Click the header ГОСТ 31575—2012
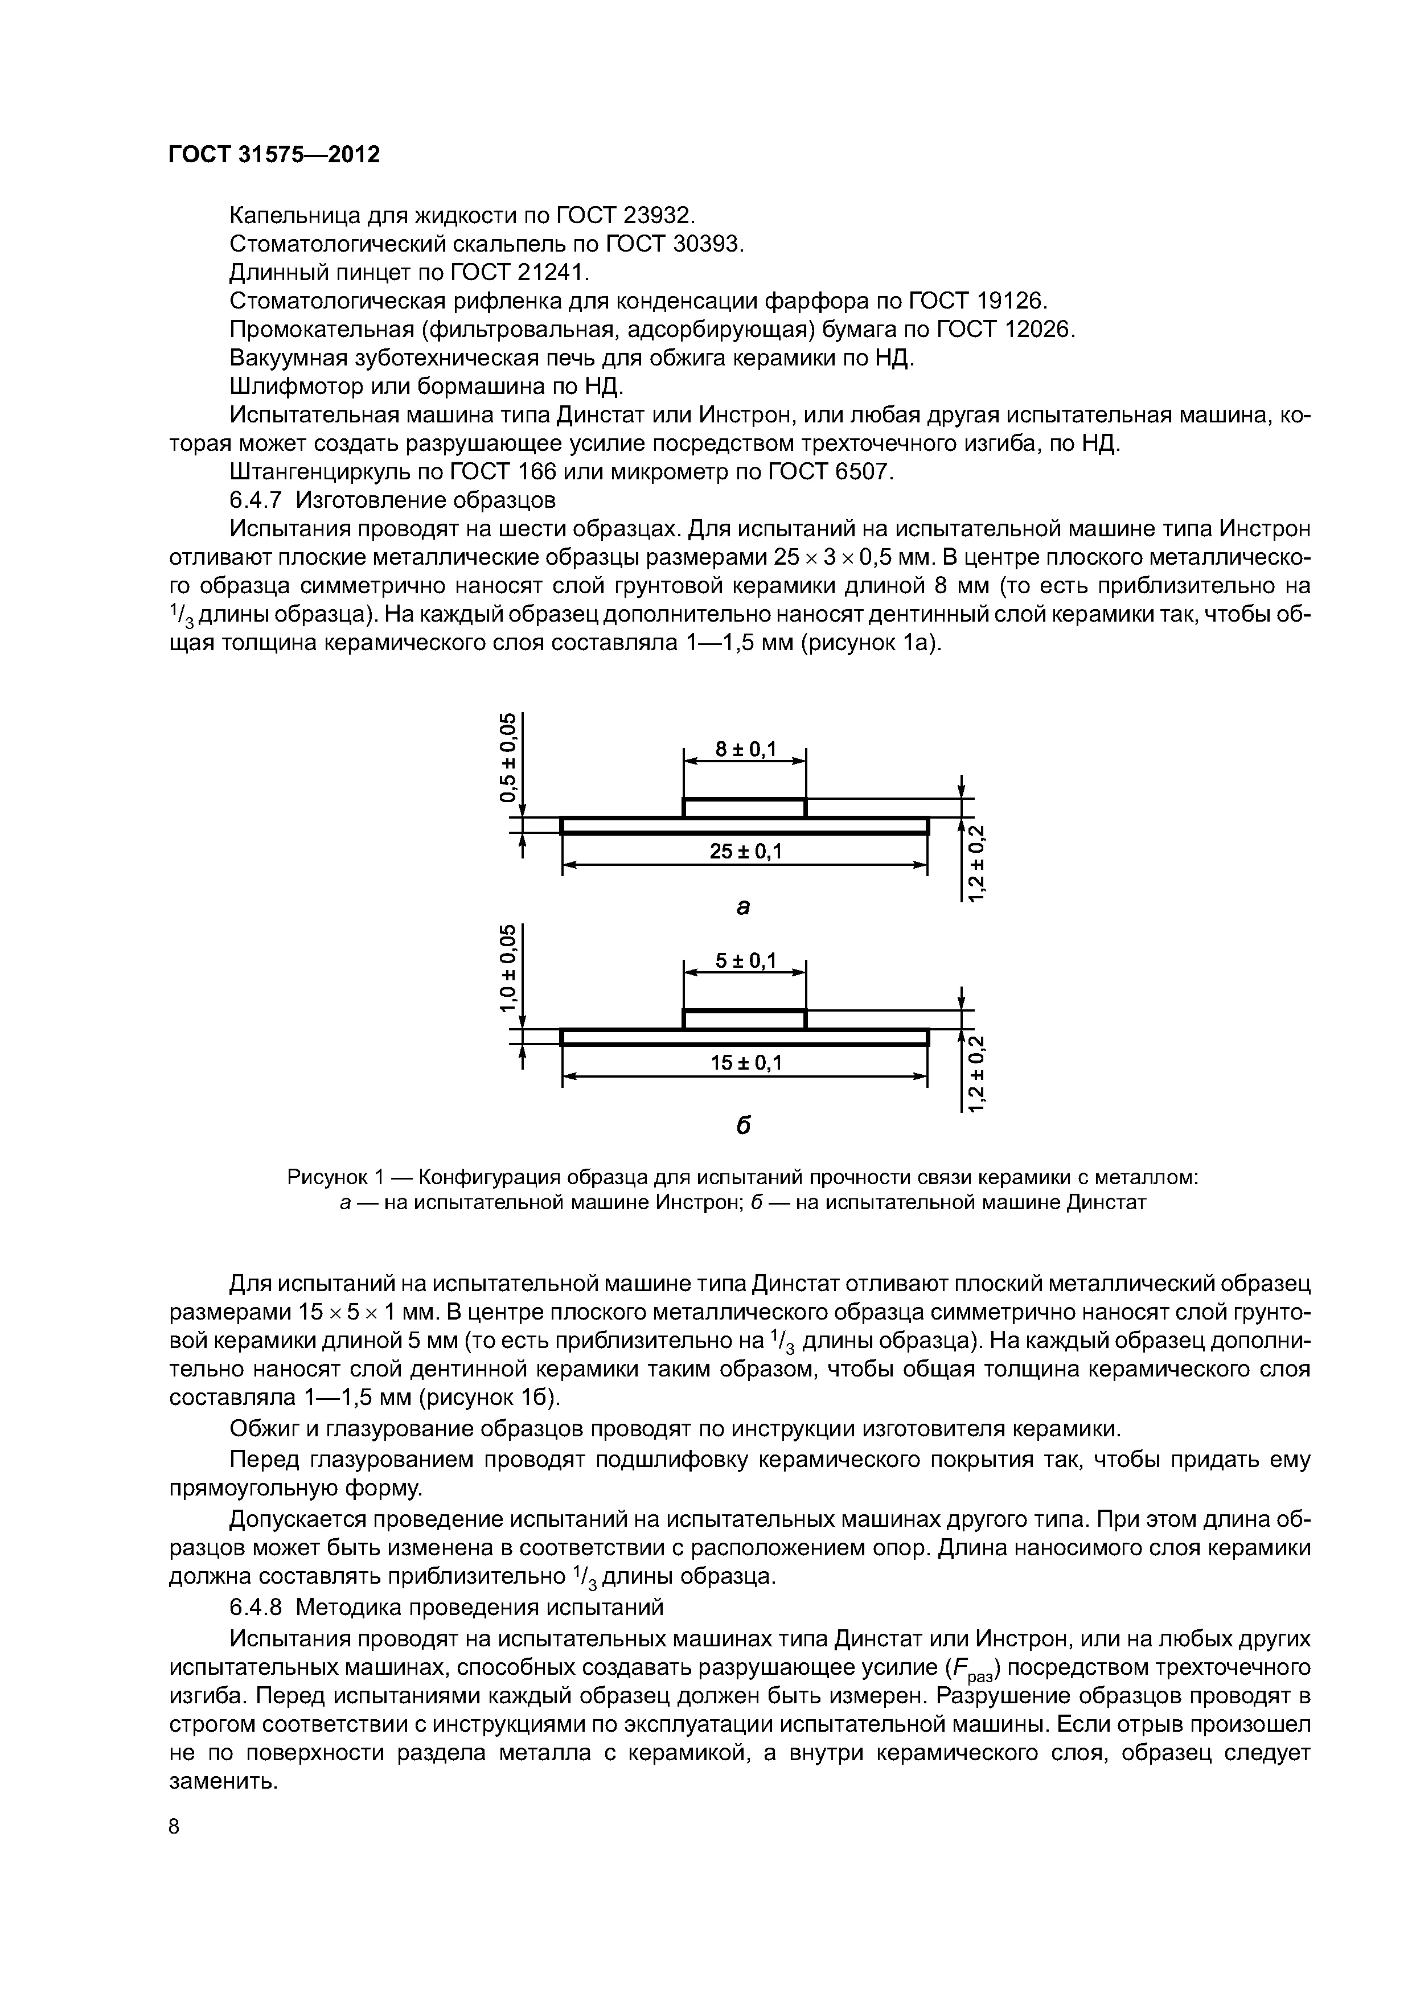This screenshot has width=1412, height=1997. click(274, 155)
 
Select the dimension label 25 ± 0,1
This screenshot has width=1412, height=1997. click(746, 852)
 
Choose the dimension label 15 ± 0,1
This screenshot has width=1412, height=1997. click(746, 1063)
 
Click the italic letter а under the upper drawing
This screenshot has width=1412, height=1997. click(743, 907)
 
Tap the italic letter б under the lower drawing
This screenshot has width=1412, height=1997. click(744, 1125)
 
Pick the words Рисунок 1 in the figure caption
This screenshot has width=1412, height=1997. click(336, 1178)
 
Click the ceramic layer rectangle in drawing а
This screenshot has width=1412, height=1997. click(745, 808)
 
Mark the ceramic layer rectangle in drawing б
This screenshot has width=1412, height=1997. click(745, 1020)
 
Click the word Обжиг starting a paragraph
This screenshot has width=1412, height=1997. click(262, 1429)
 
